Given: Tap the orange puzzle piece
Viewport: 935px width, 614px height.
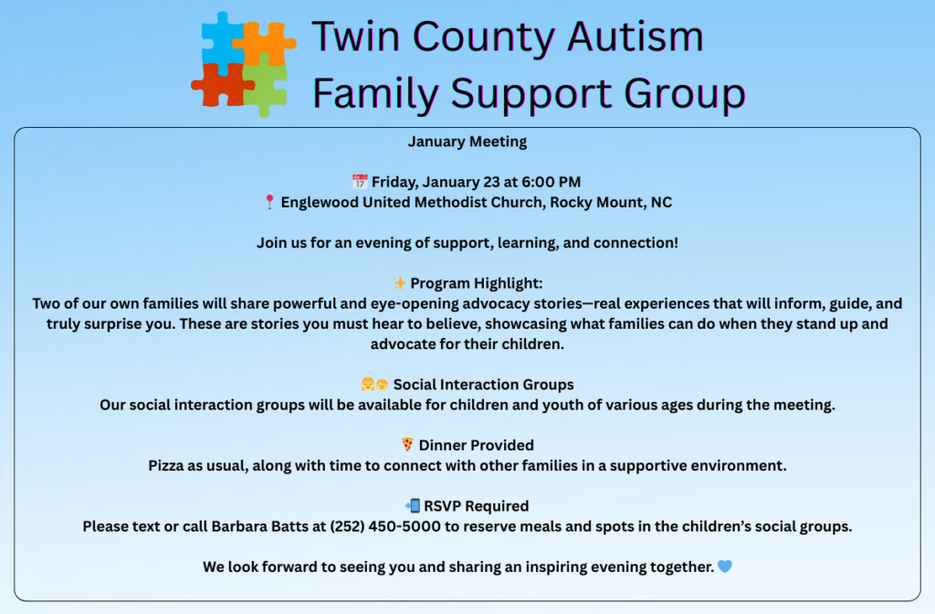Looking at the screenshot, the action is point(265,42).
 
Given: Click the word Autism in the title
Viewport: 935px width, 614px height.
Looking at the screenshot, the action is point(636,37).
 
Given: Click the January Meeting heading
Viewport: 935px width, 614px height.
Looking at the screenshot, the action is point(467,142).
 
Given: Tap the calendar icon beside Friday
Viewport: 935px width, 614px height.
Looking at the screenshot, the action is point(360,181).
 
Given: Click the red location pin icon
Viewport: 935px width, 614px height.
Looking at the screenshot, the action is point(269,202).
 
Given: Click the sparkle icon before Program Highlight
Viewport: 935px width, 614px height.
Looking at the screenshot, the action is point(399,282).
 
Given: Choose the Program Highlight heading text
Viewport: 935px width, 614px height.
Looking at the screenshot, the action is point(477,283).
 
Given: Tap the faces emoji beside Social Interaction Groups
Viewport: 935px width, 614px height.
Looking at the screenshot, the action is point(374,384).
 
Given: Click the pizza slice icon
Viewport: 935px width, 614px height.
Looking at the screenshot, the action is point(407,445).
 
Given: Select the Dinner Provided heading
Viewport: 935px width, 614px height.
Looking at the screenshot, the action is point(477,445).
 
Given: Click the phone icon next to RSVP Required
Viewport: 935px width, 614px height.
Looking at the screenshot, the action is point(412,505).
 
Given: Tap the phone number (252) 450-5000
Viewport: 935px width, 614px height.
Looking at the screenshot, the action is point(385,526).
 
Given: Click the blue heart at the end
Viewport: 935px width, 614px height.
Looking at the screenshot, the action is point(724,566).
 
